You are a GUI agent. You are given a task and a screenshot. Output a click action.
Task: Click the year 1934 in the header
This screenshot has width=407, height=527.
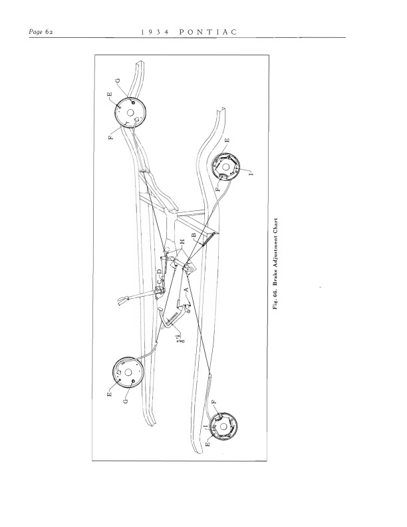(x=154, y=31)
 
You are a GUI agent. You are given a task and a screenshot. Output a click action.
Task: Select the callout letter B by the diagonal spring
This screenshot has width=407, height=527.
(x=193, y=236)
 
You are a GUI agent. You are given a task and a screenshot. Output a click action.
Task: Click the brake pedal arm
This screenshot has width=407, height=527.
(x=172, y=318)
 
